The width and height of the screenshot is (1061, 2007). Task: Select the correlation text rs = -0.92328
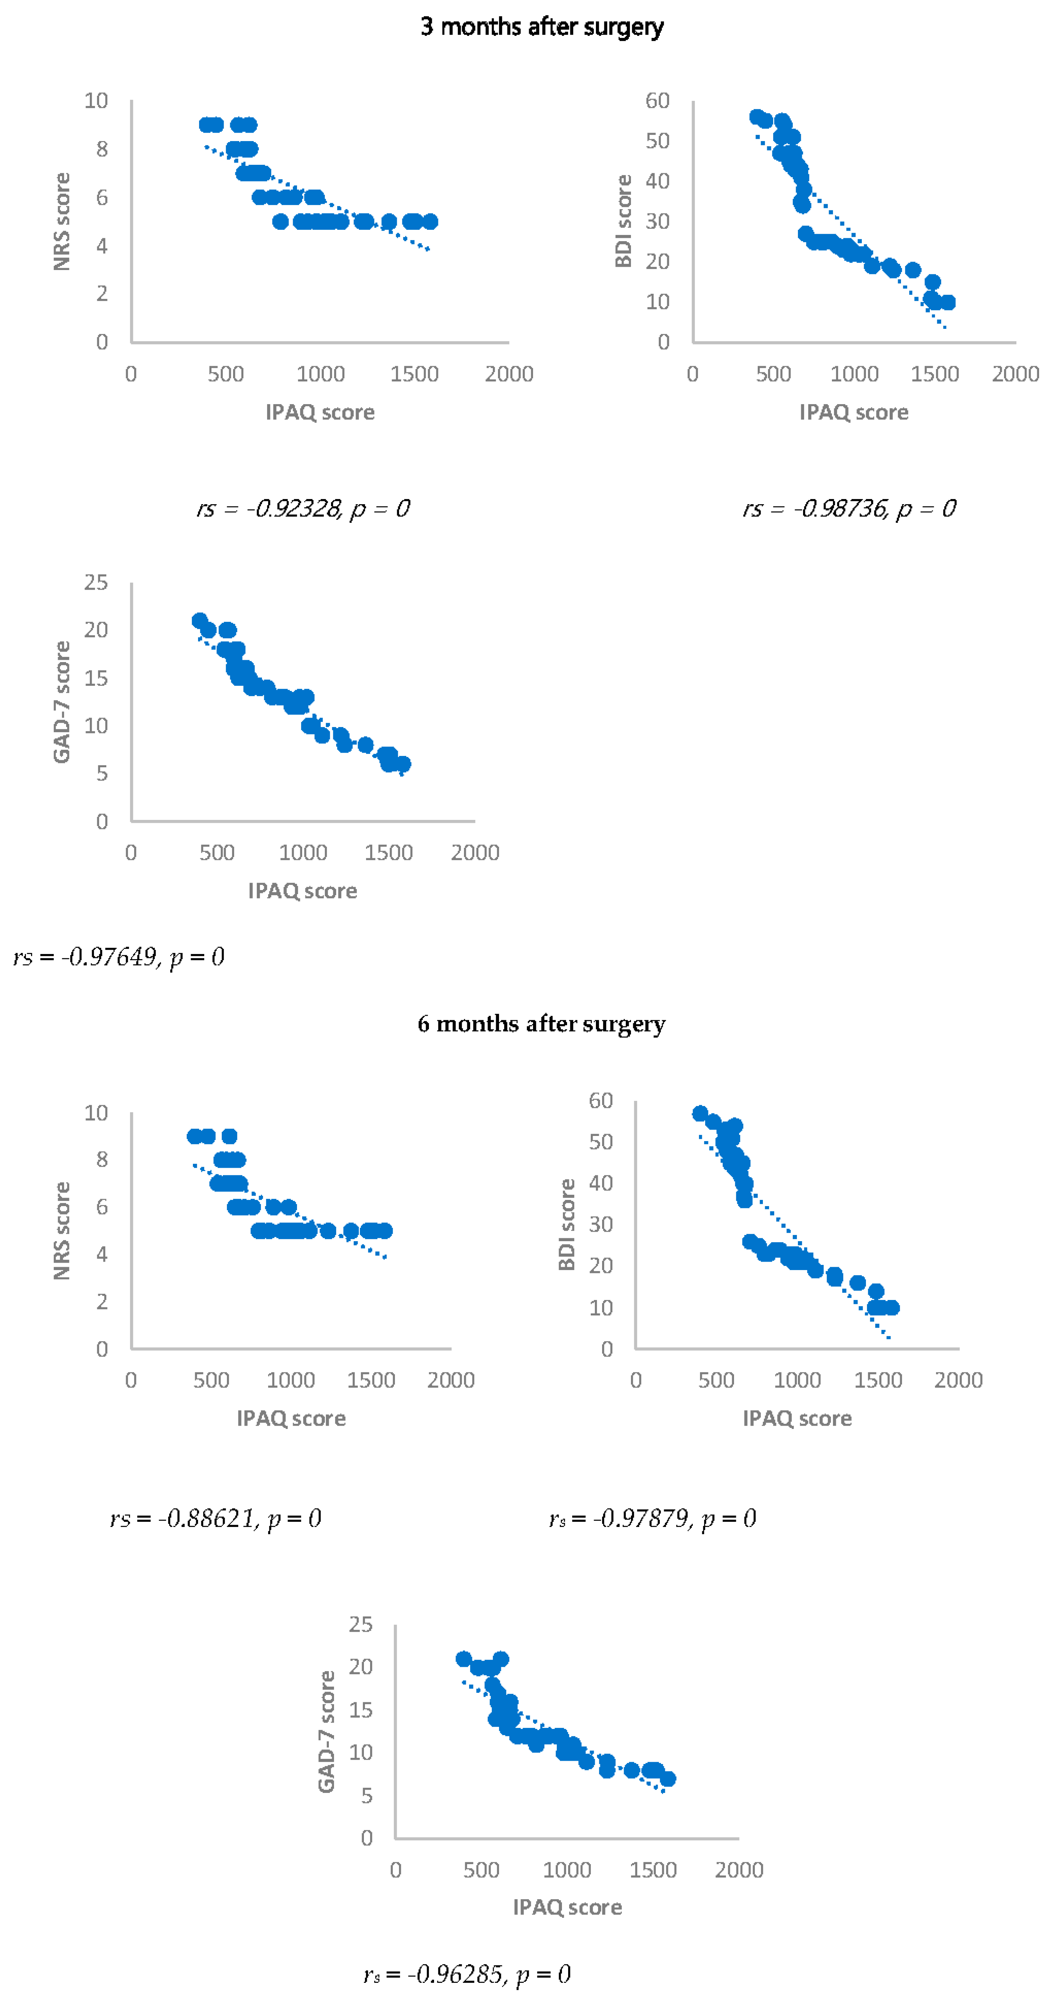click(x=303, y=509)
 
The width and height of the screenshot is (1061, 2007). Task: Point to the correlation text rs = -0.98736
click(x=849, y=509)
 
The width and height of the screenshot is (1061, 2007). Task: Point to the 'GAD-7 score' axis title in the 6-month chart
click(x=326, y=1732)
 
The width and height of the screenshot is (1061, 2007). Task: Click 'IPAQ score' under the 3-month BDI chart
click(x=854, y=412)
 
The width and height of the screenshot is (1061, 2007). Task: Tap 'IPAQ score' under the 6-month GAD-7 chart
click(x=567, y=1907)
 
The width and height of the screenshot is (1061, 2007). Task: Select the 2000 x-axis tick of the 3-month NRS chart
click(x=509, y=374)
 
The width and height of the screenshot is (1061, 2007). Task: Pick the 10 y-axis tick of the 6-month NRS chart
click(x=96, y=1113)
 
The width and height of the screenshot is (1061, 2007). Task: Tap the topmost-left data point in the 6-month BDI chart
click(x=700, y=1113)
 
